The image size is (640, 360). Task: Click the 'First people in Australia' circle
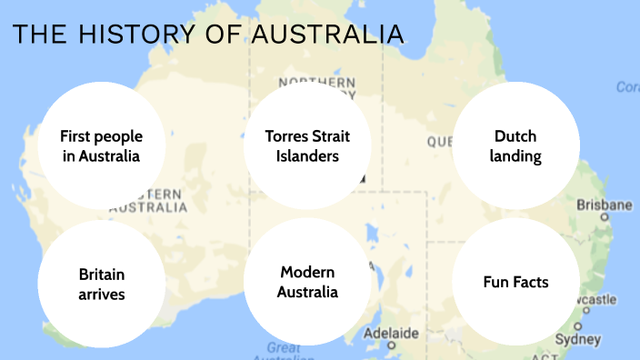tap(101, 146)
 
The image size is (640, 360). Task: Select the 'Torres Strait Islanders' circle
tap(307, 146)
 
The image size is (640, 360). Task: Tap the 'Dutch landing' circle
tap(515, 146)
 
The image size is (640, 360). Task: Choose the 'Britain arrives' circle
tap(101, 283)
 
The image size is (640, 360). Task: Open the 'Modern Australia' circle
tap(308, 283)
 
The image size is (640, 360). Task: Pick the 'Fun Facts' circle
tap(515, 283)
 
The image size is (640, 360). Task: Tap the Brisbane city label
tap(604, 205)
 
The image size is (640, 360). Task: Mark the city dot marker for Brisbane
tap(605, 218)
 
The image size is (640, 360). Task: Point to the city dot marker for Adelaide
tap(392, 345)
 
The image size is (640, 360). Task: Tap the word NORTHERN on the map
tap(317, 83)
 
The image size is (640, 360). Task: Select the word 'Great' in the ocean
tap(284, 347)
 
